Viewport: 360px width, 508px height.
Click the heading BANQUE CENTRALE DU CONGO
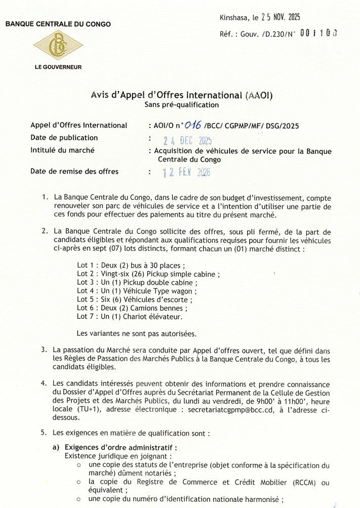click(x=58, y=24)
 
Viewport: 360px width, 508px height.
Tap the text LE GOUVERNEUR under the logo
click(x=58, y=67)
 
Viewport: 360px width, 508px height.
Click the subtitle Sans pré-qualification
click(x=181, y=105)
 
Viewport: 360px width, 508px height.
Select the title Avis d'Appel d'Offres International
click(x=181, y=95)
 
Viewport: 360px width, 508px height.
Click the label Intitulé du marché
click(x=62, y=150)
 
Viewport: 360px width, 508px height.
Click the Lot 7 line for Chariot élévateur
click(x=129, y=316)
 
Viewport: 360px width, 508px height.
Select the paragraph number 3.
click(x=45, y=350)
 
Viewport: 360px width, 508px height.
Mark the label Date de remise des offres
click(x=74, y=171)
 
